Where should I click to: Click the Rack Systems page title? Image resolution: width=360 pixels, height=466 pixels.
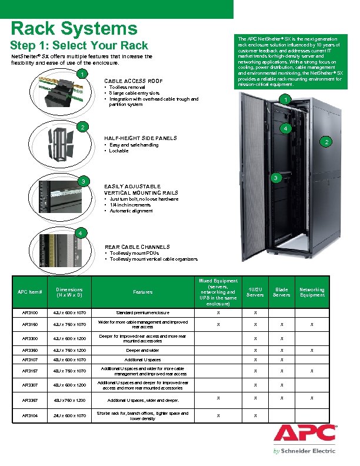74,28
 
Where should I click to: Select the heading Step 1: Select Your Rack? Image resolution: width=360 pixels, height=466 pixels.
79,46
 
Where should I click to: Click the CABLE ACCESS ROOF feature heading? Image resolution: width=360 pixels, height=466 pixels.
133,81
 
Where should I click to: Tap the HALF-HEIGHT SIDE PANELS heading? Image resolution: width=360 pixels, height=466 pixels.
140,138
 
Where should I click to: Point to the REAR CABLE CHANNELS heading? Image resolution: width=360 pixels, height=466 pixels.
137,247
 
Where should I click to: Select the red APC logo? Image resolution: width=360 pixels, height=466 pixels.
304,434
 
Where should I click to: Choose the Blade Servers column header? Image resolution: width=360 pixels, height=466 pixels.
281,292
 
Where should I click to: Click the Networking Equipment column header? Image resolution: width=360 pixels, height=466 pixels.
312,292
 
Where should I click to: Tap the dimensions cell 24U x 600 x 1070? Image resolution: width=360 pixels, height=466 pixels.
69,415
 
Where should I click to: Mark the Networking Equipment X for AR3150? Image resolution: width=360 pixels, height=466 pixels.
312,325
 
